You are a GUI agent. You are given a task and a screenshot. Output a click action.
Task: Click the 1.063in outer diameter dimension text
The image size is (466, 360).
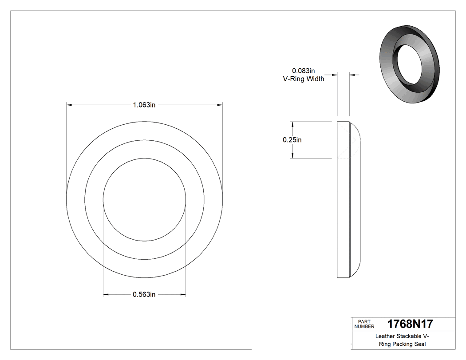144,105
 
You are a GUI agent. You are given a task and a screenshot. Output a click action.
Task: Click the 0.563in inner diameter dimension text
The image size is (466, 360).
144,294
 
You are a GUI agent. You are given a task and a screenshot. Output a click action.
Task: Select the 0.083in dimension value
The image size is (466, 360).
303,71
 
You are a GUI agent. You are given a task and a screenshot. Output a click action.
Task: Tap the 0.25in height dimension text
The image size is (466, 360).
292,140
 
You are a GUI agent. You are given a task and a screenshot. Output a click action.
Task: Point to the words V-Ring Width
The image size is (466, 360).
304,79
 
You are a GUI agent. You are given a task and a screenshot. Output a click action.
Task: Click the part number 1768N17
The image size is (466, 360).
410,324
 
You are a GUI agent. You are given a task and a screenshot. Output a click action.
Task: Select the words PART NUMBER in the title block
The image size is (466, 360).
362,324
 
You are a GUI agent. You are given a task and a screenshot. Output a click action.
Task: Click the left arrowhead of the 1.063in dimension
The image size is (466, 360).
69,105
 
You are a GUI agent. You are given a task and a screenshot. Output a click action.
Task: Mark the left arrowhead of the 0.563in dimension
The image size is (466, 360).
106,294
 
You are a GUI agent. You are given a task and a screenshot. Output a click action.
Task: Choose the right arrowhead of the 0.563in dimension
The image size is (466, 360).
183,294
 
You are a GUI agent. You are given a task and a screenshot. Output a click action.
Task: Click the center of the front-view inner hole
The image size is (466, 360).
144,200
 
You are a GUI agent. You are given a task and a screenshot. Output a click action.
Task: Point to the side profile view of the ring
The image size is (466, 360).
348,200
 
